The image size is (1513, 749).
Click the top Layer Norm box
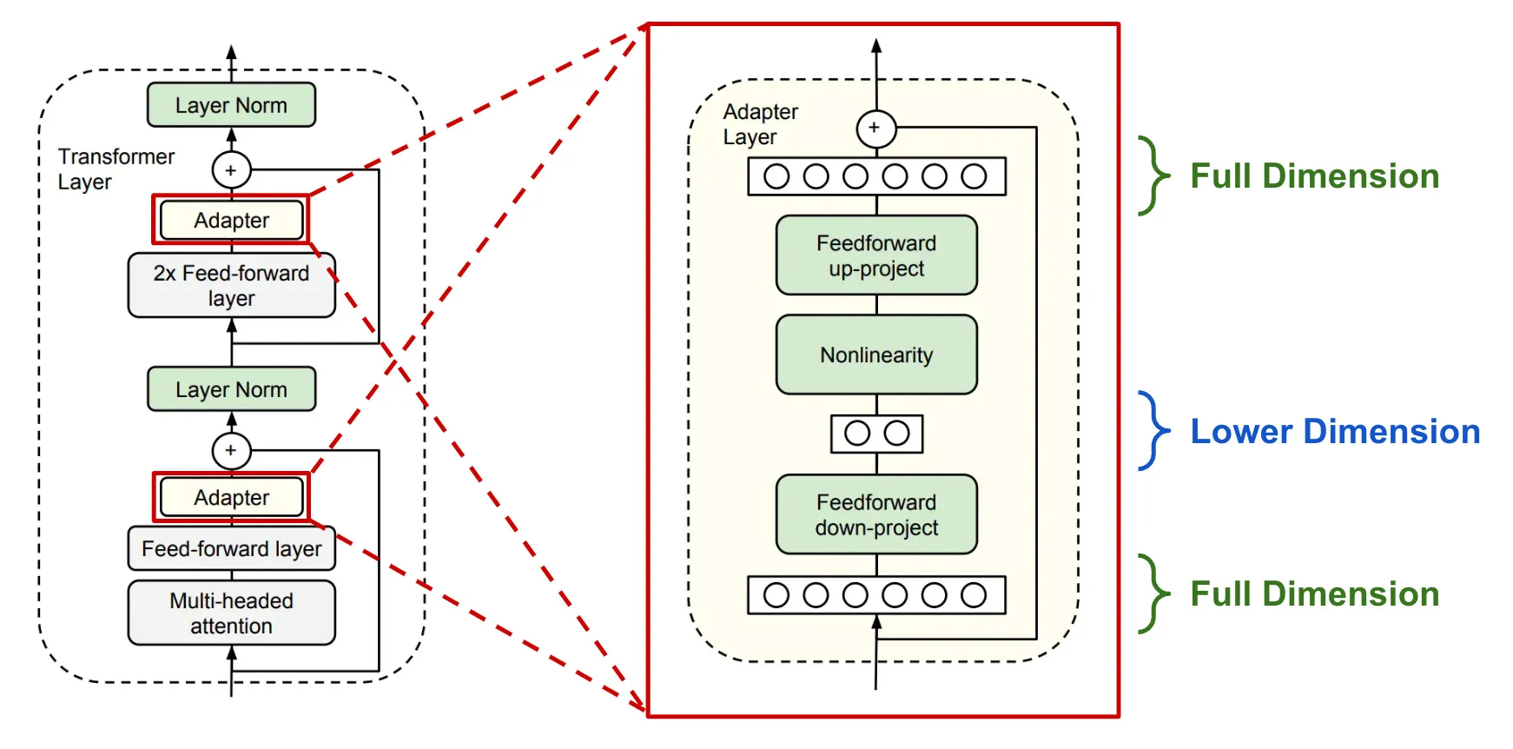(231, 105)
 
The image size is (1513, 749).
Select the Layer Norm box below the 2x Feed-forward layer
(231, 389)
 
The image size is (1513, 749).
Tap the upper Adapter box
(231, 220)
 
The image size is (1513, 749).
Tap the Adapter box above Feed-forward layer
(231, 497)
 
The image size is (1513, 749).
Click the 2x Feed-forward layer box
(231, 285)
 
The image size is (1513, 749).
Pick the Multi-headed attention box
(231, 613)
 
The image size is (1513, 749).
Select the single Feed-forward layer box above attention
(231, 548)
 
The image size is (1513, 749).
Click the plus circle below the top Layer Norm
(231, 170)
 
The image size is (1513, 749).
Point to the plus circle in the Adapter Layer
(875, 128)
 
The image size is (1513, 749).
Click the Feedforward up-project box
(876, 255)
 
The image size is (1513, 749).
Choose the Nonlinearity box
(876, 355)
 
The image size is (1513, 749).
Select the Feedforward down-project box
(876, 514)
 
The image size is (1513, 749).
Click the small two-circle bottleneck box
(876, 434)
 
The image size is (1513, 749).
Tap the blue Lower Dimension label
(1334, 432)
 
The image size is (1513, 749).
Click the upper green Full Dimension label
(1314, 176)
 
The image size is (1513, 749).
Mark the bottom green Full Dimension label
(1314, 594)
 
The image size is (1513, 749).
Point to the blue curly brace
(1153, 431)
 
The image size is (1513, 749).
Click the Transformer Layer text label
(115, 169)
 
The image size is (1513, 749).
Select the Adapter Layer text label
(760, 124)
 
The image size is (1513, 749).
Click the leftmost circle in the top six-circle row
(776, 176)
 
